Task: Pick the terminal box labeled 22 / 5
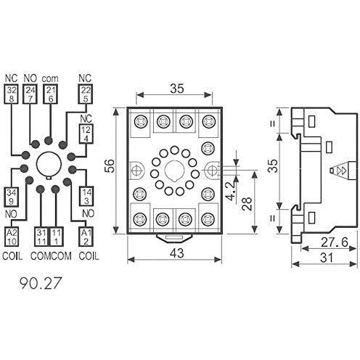coord(86,95)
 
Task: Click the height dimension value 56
coord(109,165)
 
